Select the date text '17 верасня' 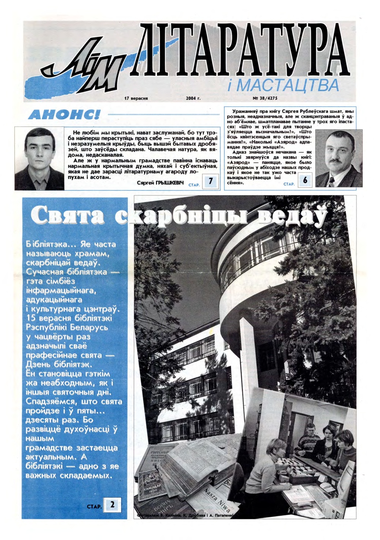[x=136, y=98]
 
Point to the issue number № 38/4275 [x=265, y=98]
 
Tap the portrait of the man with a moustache [x=338, y=158]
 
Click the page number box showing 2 [x=112, y=505]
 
